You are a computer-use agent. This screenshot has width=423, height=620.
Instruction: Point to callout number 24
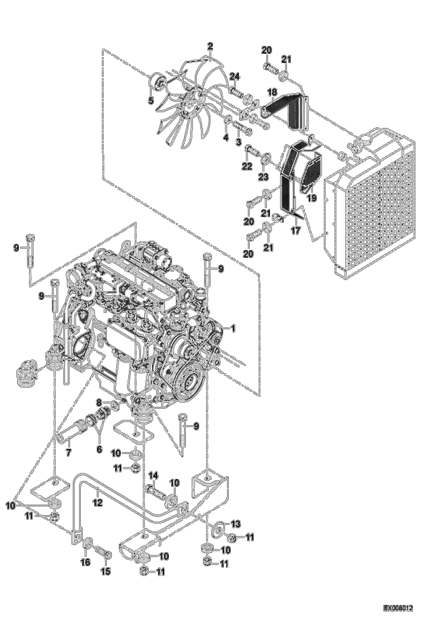click(x=234, y=76)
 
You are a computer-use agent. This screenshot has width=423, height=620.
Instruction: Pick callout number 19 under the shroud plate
click(x=312, y=198)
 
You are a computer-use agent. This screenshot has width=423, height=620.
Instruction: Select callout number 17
click(x=296, y=230)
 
